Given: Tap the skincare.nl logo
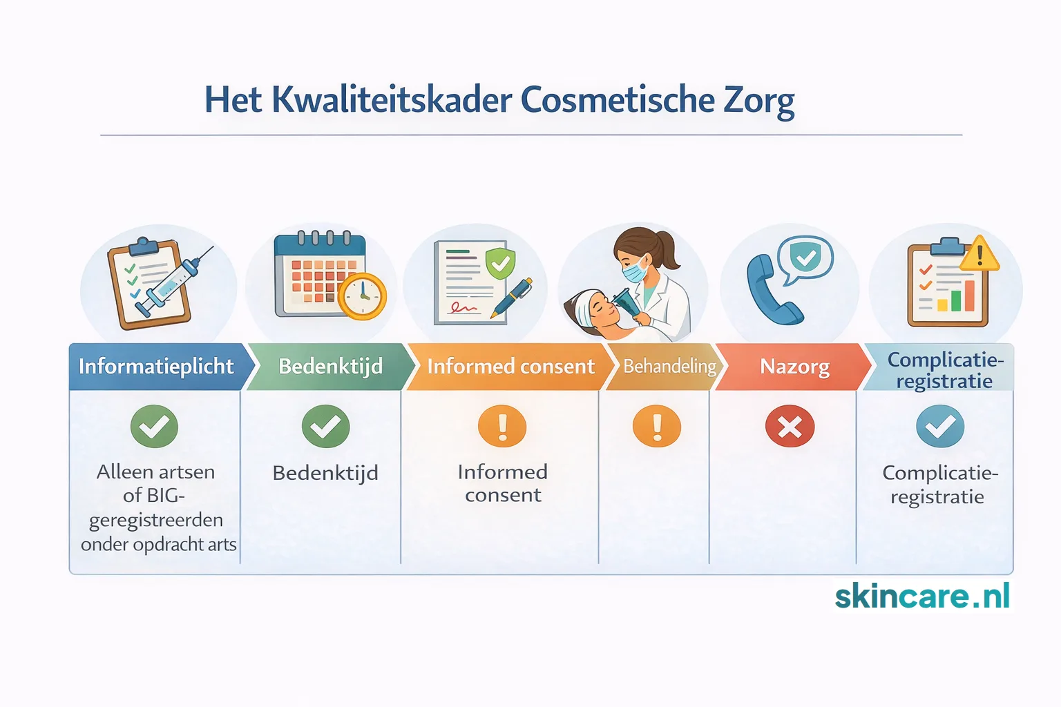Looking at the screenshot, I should coord(922,597).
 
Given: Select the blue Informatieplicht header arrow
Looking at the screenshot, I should coord(157,367).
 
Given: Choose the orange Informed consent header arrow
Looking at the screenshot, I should coord(510,367).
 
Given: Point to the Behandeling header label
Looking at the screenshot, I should coord(669,367).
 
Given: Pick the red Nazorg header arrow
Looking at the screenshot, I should coord(794,367).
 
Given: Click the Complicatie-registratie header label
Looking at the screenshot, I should coord(944,370).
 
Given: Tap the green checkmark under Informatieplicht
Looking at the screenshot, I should coord(154,427).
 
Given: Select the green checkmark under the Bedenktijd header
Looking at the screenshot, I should coord(325,427).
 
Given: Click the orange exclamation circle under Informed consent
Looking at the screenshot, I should coord(502,427).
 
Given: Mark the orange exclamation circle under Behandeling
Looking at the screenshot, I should coord(656,427).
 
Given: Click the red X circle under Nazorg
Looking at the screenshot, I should coord(790,427).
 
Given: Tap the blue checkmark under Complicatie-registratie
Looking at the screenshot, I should coord(940,427).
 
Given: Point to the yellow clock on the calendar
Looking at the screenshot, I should coord(362,297).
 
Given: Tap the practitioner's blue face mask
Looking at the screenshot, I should coord(635,271).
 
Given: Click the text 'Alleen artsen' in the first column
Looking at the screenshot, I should coord(156,472).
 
